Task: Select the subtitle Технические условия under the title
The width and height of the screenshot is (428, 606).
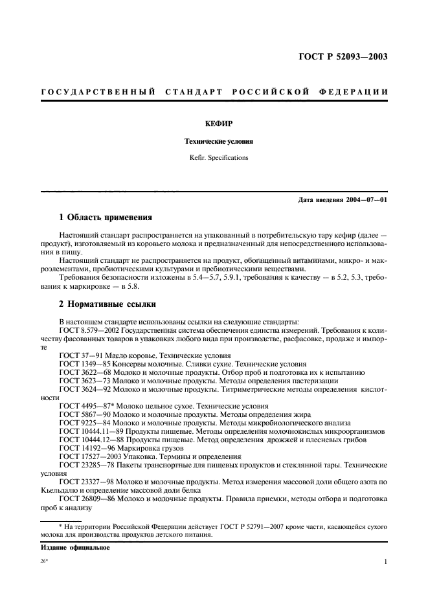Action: [214, 140]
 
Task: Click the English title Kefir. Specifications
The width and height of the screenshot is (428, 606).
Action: [214, 157]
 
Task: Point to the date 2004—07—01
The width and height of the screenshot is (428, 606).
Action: [365, 199]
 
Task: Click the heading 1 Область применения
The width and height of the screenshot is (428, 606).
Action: [106, 218]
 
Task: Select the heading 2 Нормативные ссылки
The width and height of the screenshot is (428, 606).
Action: [105, 303]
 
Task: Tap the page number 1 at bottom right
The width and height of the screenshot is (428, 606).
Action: [385, 562]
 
